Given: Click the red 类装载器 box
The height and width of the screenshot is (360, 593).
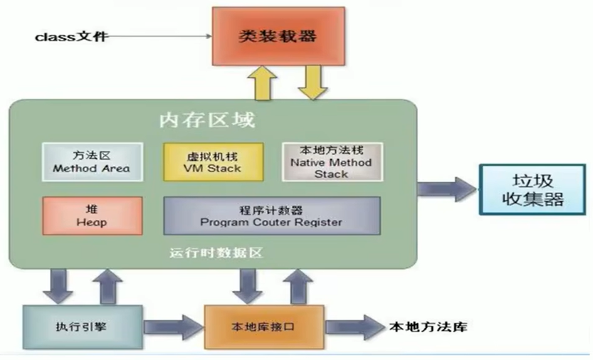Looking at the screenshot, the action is coord(278,36).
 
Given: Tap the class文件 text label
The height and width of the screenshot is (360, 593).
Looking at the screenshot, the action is coord(71,37).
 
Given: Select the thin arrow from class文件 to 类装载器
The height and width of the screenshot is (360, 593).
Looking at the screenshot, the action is coord(158,36).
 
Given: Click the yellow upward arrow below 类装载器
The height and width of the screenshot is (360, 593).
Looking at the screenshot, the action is coord(263,83).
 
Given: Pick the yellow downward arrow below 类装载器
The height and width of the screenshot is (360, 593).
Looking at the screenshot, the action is coord(313,83).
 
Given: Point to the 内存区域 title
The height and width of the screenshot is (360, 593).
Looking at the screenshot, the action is coord(207,120).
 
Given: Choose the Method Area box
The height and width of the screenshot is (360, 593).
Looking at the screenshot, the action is coord(93,162).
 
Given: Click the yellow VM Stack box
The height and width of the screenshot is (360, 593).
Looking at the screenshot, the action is coord(214,162).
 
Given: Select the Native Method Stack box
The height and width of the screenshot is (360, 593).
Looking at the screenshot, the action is coord(332,162).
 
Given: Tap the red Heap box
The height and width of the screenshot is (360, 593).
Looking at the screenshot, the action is coord(93,216).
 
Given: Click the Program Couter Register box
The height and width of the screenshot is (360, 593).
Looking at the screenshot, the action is coord(272,216).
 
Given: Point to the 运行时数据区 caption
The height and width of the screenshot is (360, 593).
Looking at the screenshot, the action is coord(216,253).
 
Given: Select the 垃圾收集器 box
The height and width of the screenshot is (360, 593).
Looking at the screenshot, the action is coord(532,190).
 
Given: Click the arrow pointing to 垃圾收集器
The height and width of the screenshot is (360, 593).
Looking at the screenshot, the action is coord(446,189).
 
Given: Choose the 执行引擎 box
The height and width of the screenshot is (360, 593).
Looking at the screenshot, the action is coord(83,327).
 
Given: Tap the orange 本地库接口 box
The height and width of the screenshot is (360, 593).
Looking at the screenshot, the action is coord(264,327).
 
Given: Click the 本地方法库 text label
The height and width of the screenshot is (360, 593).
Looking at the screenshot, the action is coord(429,327).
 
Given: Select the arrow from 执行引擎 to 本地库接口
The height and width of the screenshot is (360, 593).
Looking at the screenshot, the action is coord(174,327).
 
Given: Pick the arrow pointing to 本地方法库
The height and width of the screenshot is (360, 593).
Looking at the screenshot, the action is coord(355,327).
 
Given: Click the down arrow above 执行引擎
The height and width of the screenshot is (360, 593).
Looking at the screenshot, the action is coord(58,287).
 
